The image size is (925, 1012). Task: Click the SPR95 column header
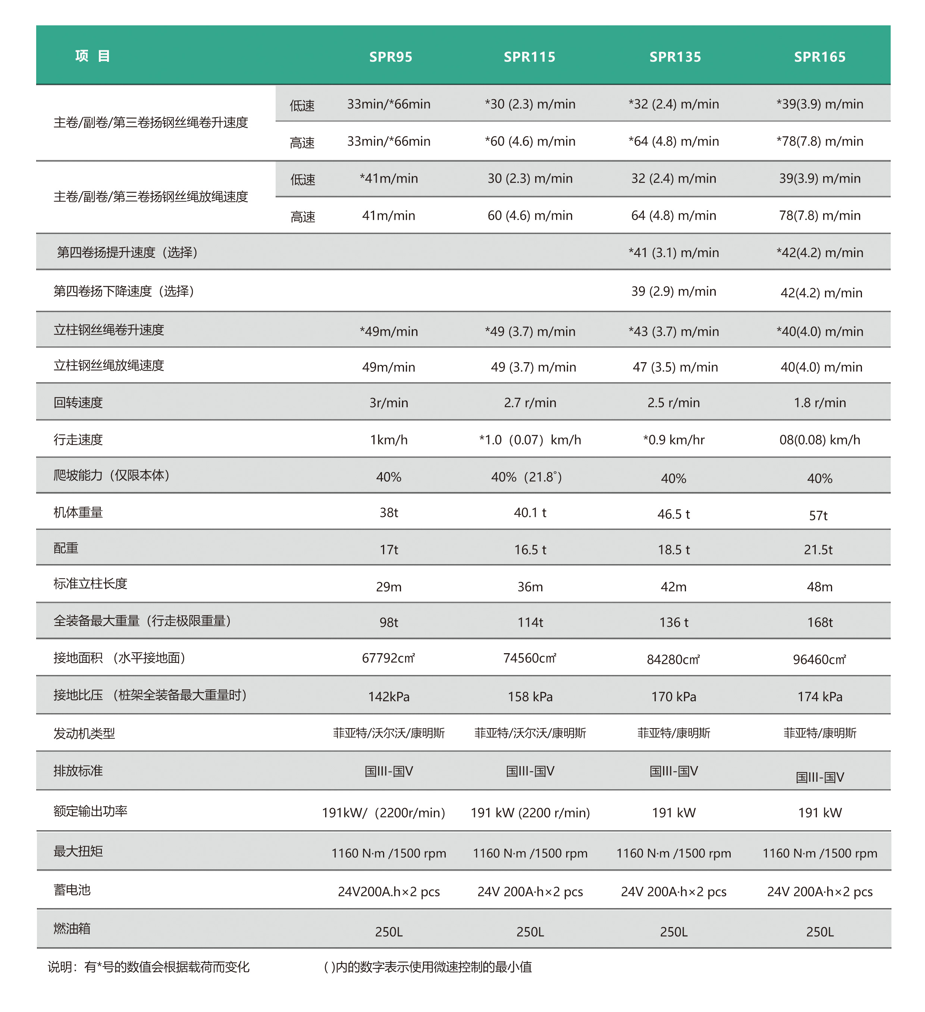(x=391, y=57)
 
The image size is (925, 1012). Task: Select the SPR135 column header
(x=675, y=57)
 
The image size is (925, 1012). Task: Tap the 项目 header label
(x=93, y=56)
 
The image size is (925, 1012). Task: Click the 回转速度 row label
(x=78, y=402)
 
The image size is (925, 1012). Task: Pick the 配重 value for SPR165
(x=818, y=550)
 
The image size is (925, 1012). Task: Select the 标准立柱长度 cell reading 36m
(x=530, y=587)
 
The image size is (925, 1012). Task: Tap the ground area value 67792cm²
(x=388, y=658)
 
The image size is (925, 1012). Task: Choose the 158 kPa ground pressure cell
(x=530, y=697)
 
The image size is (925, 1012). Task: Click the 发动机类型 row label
(x=84, y=733)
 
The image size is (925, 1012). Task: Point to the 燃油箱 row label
(x=72, y=928)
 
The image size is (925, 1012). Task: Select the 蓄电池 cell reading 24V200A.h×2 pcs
(x=388, y=892)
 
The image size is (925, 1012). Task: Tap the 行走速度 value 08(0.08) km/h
(x=819, y=440)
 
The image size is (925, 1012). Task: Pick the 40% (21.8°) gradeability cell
(x=526, y=477)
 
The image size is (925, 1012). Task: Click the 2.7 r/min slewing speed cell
(x=530, y=402)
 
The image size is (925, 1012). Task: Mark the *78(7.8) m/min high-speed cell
(x=819, y=141)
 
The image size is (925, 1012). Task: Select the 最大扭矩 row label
(x=78, y=851)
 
